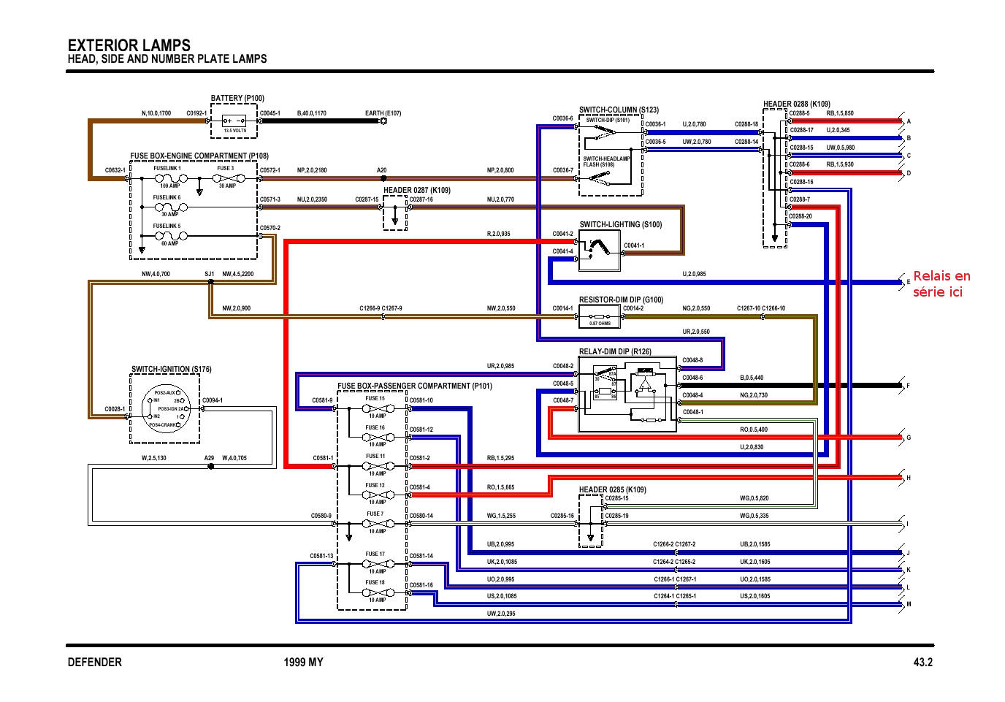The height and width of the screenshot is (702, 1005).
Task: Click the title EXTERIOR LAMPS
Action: coord(129,45)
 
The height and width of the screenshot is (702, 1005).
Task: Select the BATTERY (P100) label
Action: coord(237,99)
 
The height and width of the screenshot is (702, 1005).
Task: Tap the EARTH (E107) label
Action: coord(383,113)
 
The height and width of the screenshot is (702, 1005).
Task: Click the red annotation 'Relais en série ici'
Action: coord(941,283)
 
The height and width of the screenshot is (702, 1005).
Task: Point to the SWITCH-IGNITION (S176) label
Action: coord(171,370)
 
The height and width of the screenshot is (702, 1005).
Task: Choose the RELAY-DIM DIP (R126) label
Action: coord(615,351)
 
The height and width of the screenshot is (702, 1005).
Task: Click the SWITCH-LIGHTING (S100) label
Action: coord(620,225)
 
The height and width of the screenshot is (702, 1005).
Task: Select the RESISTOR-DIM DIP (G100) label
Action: coord(621,300)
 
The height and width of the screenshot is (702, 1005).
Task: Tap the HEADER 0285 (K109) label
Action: coord(612,489)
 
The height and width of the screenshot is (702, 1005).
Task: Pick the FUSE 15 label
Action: coord(375,398)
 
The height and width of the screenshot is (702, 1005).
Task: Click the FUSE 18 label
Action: coord(375,582)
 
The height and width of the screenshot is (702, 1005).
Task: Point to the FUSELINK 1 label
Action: coord(167,168)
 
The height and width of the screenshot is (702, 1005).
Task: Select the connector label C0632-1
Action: coord(115,170)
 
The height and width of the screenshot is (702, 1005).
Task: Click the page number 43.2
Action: coord(922,663)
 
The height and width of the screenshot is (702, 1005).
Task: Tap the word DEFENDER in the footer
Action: coord(94,663)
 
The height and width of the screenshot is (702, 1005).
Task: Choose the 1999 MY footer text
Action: coord(303,663)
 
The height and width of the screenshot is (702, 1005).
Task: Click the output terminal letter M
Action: coord(909,605)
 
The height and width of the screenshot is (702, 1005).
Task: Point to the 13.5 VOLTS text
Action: coord(234,131)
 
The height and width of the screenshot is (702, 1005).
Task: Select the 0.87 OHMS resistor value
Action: coord(600,324)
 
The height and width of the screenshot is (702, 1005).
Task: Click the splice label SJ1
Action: coord(209,274)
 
